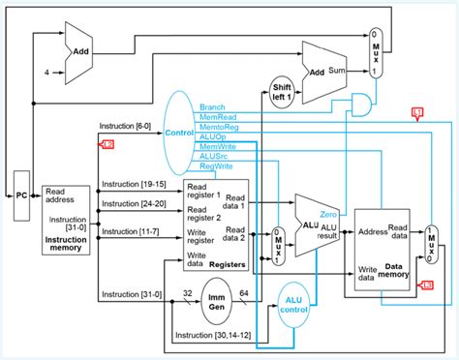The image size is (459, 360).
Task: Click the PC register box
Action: coord(21,195)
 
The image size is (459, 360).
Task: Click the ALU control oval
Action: coord(298,300)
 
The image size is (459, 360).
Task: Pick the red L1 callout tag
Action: coord(418,115)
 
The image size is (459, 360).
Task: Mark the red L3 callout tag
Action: coord(425,284)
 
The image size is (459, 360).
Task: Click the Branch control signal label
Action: coord(213,106)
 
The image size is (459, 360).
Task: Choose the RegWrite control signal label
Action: coord(217,165)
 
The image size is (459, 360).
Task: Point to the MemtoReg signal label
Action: coord(218,126)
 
